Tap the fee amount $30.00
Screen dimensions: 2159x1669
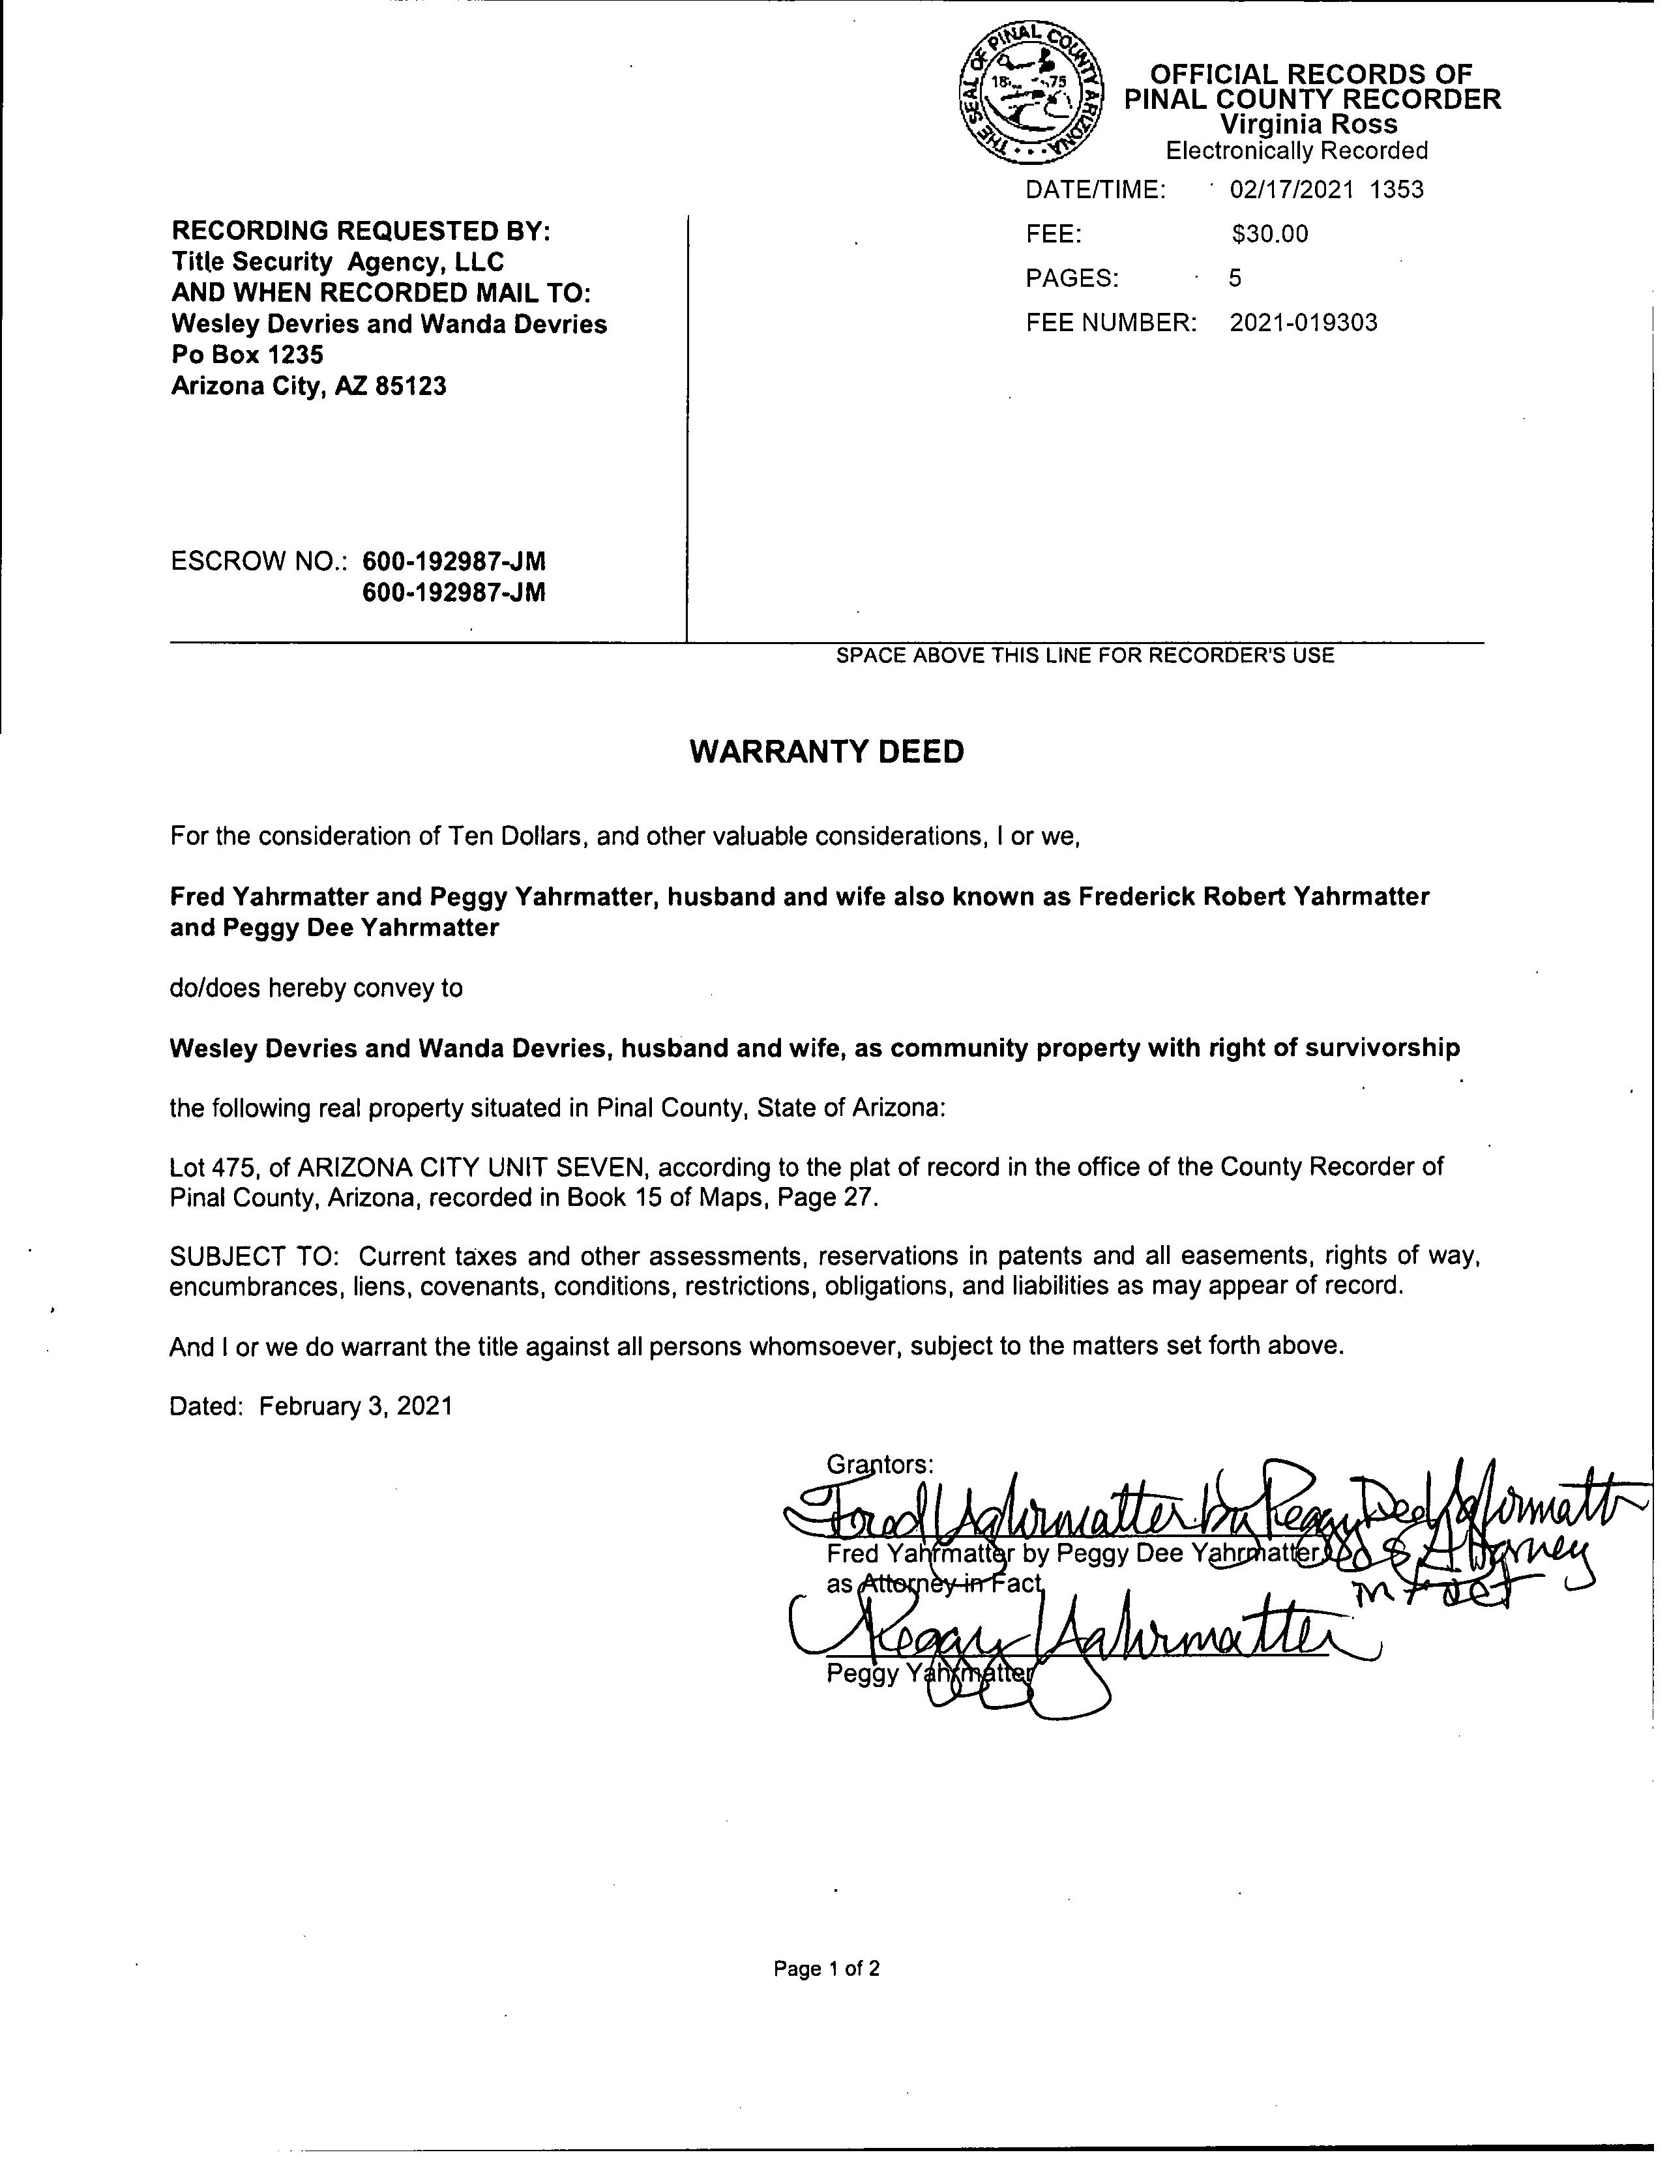pos(1269,234)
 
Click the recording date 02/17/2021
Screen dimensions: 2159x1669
pos(1290,190)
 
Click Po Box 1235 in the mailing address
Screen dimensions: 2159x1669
pos(247,355)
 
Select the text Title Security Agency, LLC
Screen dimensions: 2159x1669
pos(337,262)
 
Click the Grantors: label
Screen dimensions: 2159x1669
pos(879,1464)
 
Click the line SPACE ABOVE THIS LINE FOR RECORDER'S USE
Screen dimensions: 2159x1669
pos(1085,655)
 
